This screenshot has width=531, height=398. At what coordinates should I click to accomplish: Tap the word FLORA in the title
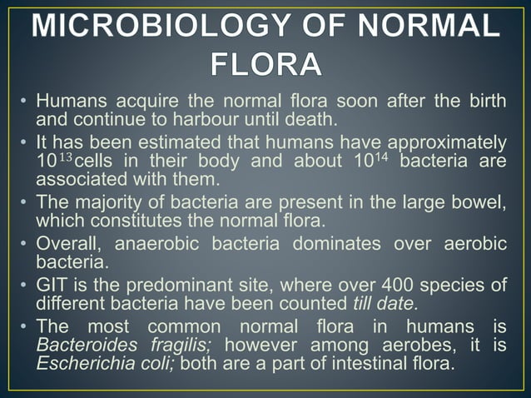pos(265,62)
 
